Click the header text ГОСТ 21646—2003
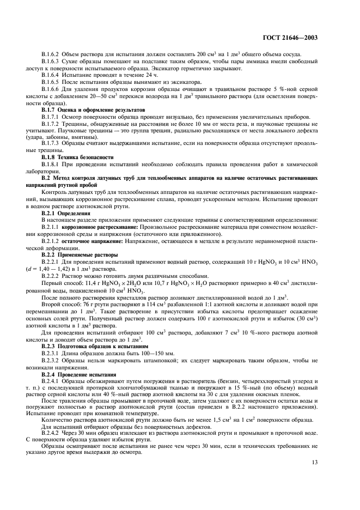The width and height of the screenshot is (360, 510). (291, 38)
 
